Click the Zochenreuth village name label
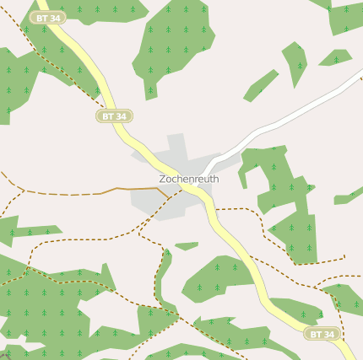(189, 179)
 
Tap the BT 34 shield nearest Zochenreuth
(114, 116)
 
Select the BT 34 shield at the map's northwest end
(48, 17)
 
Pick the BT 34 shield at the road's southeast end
(322, 334)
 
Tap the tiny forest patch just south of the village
(187, 246)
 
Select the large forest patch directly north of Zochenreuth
(173, 46)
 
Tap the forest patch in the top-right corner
(344, 15)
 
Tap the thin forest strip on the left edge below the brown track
(25, 229)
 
